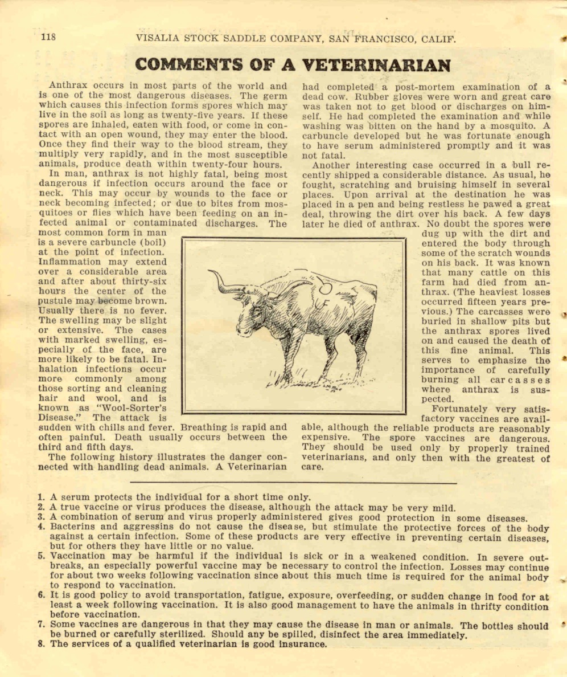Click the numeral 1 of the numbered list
(x=41, y=497)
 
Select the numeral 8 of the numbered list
(x=41, y=644)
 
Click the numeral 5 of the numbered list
(x=41, y=556)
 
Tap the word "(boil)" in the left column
(x=149, y=243)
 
